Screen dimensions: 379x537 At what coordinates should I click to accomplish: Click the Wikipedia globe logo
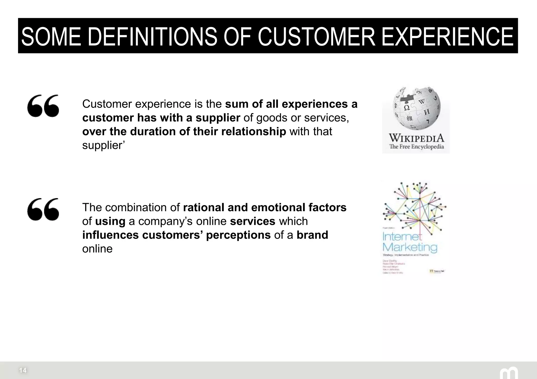416,109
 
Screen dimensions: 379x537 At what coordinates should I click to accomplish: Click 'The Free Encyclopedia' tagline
416,147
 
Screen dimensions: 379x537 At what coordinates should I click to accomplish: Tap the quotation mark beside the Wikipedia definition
43,106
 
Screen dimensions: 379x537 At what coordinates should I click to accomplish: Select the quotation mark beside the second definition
43,209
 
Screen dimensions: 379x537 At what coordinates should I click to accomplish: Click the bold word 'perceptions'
238,235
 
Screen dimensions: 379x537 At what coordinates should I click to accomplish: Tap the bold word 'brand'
312,235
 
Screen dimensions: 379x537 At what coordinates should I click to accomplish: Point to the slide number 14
23,370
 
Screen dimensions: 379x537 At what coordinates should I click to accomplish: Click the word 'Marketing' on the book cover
410,247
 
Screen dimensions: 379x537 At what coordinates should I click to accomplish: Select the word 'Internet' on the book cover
402,237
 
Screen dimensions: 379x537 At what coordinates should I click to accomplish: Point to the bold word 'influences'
110,235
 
